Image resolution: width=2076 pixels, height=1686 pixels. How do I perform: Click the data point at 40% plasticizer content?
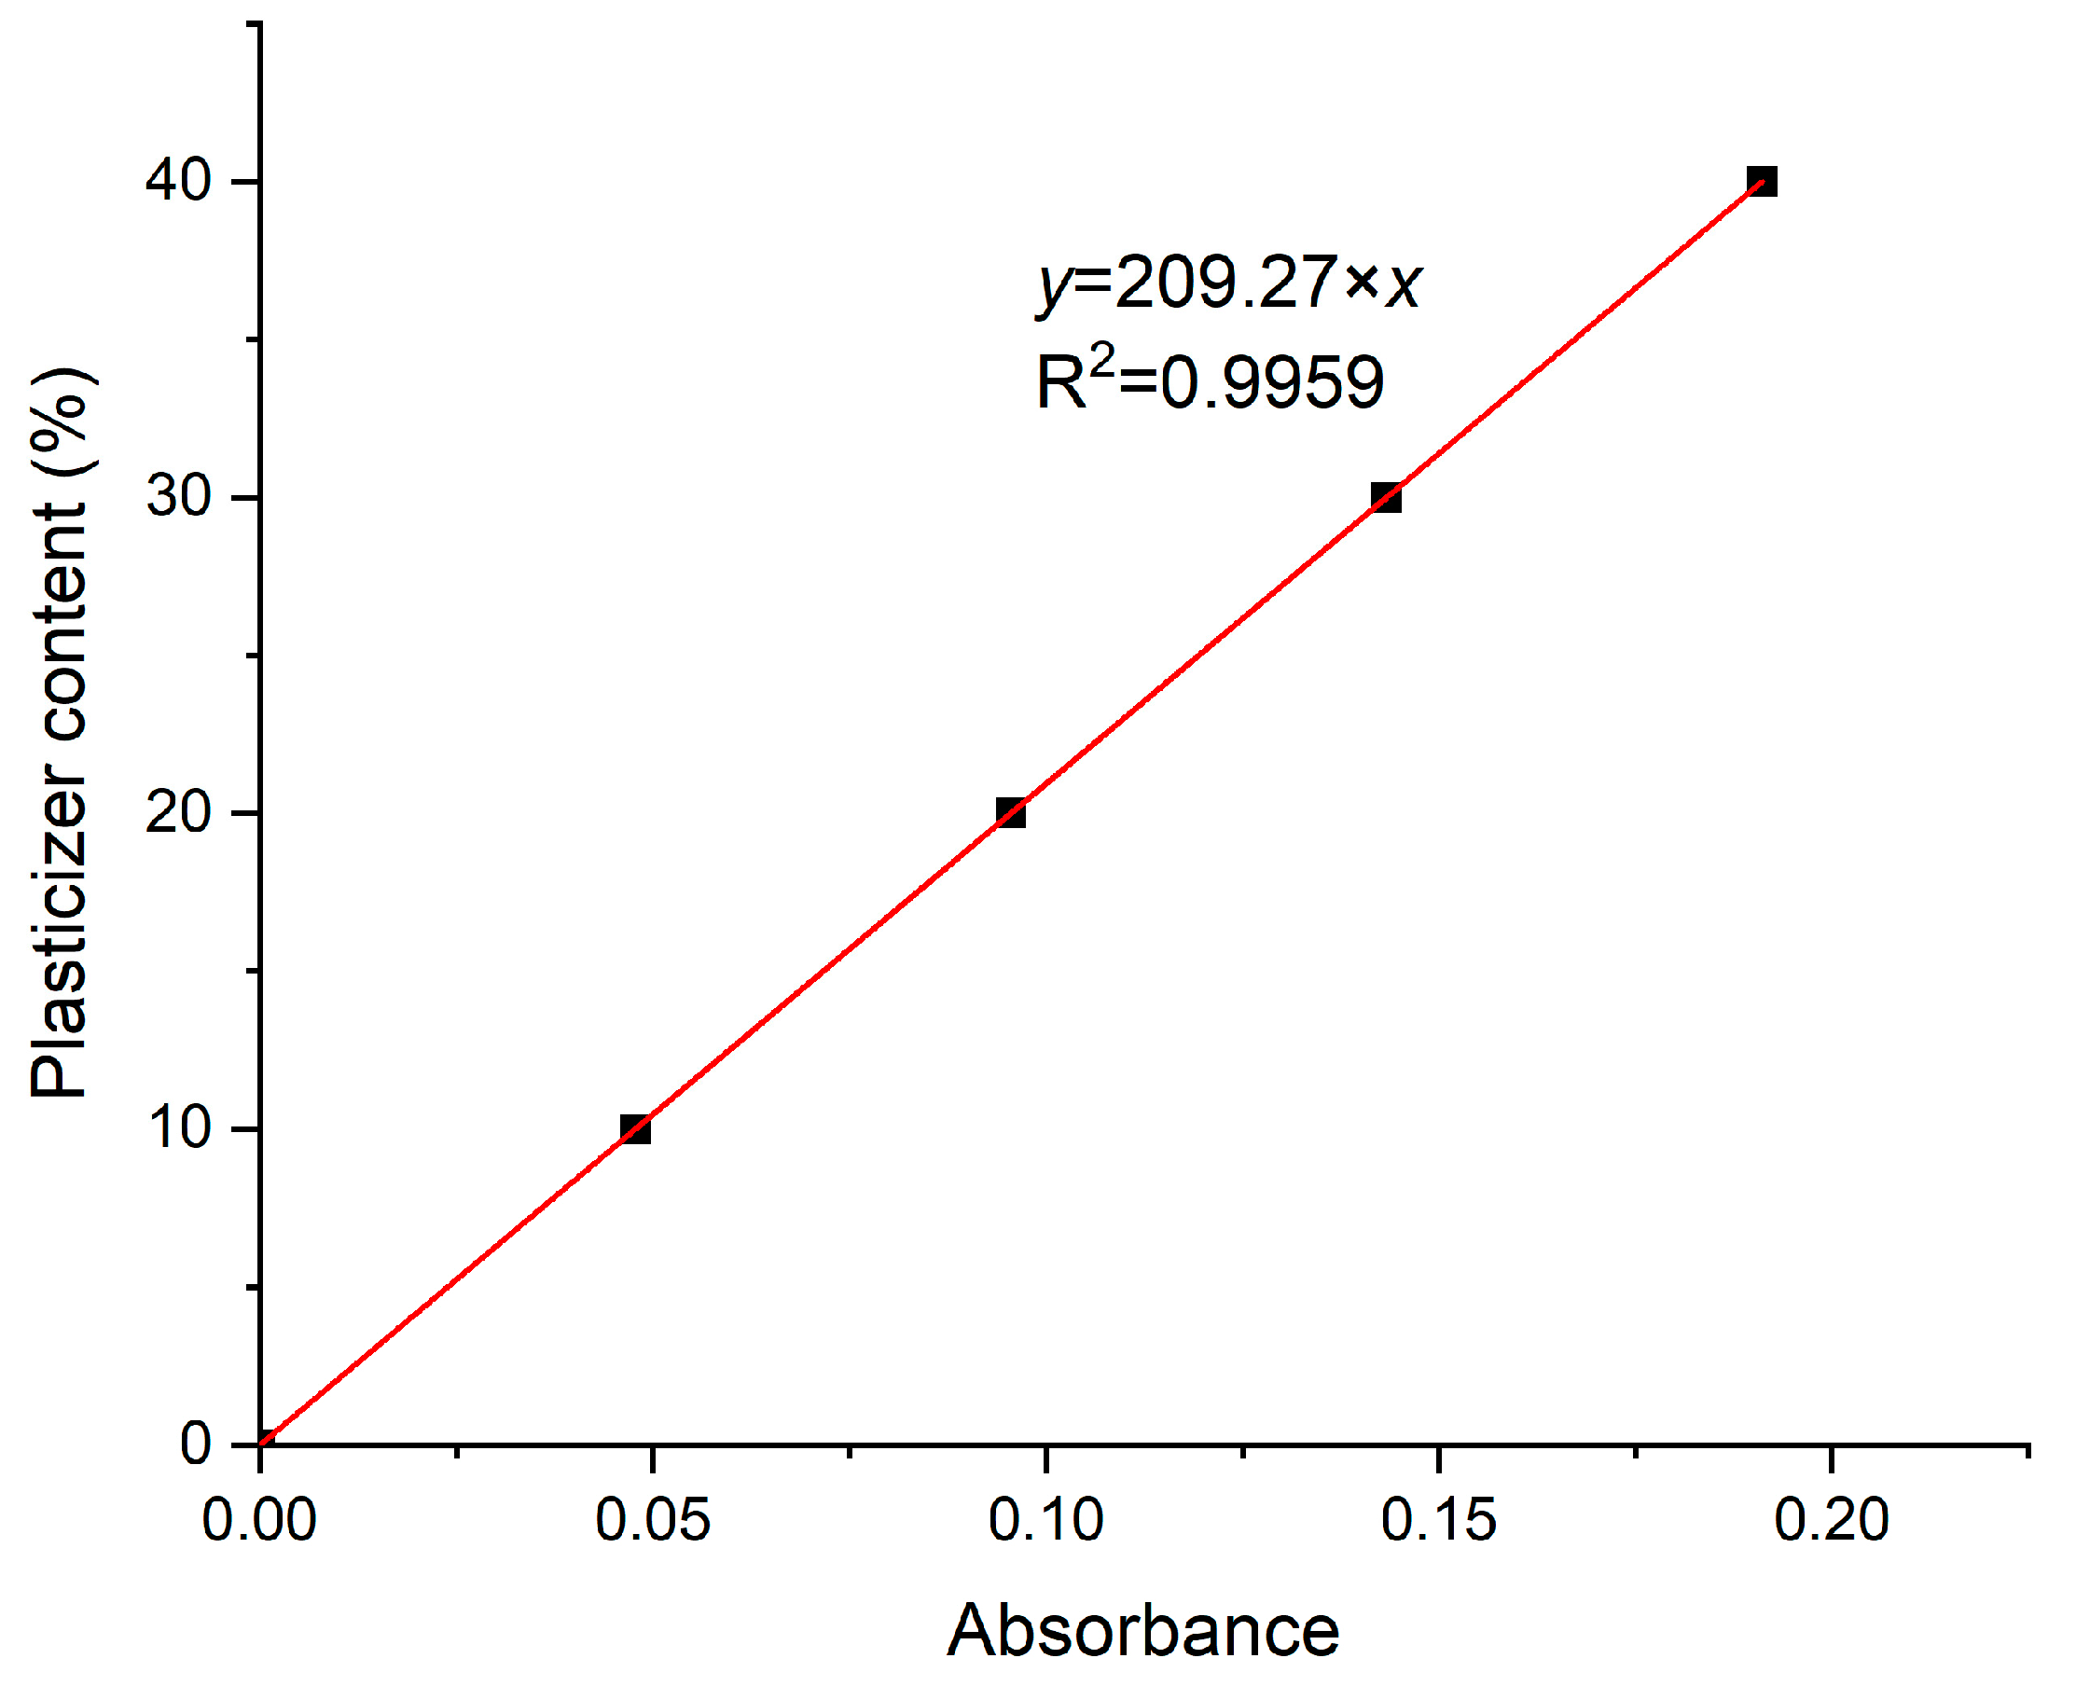[1762, 182]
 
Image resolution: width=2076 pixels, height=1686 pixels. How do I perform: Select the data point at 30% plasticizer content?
[1385, 497]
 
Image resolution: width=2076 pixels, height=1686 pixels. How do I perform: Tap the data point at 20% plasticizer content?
[1010, 813]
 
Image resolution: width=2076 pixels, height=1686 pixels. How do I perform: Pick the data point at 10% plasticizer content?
[634, 1128]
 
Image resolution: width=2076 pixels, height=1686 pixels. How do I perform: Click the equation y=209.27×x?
[1229, 283]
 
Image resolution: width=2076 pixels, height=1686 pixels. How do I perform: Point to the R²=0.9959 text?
[1210, 380]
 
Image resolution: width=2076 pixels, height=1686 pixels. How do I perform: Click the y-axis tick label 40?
[178, 181]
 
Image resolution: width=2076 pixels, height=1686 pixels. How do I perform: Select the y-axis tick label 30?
[178, 496]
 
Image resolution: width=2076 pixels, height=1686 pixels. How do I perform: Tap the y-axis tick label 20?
[178, 812]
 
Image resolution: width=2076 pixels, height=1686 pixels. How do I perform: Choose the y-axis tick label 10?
[178, 1127]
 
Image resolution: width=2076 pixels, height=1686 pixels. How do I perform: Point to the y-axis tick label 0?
[195, 1444]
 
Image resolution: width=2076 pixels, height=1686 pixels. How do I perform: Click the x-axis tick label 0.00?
[258, 1520]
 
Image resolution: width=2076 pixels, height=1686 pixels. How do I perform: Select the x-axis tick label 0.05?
[652, 1520]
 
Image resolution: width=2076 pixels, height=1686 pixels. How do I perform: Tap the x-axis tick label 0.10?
[1045, 1520]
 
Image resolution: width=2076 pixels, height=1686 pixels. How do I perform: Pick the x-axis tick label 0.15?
[1438, 1520]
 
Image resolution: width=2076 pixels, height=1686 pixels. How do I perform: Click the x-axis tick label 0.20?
[1832, 1520]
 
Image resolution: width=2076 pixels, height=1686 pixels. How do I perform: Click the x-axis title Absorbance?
[1142, 1631]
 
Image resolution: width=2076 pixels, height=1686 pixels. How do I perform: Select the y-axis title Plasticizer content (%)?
[61, 733]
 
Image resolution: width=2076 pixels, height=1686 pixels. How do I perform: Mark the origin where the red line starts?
[261, 1444]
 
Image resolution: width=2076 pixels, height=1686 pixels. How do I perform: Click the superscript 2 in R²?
[1102, 361]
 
